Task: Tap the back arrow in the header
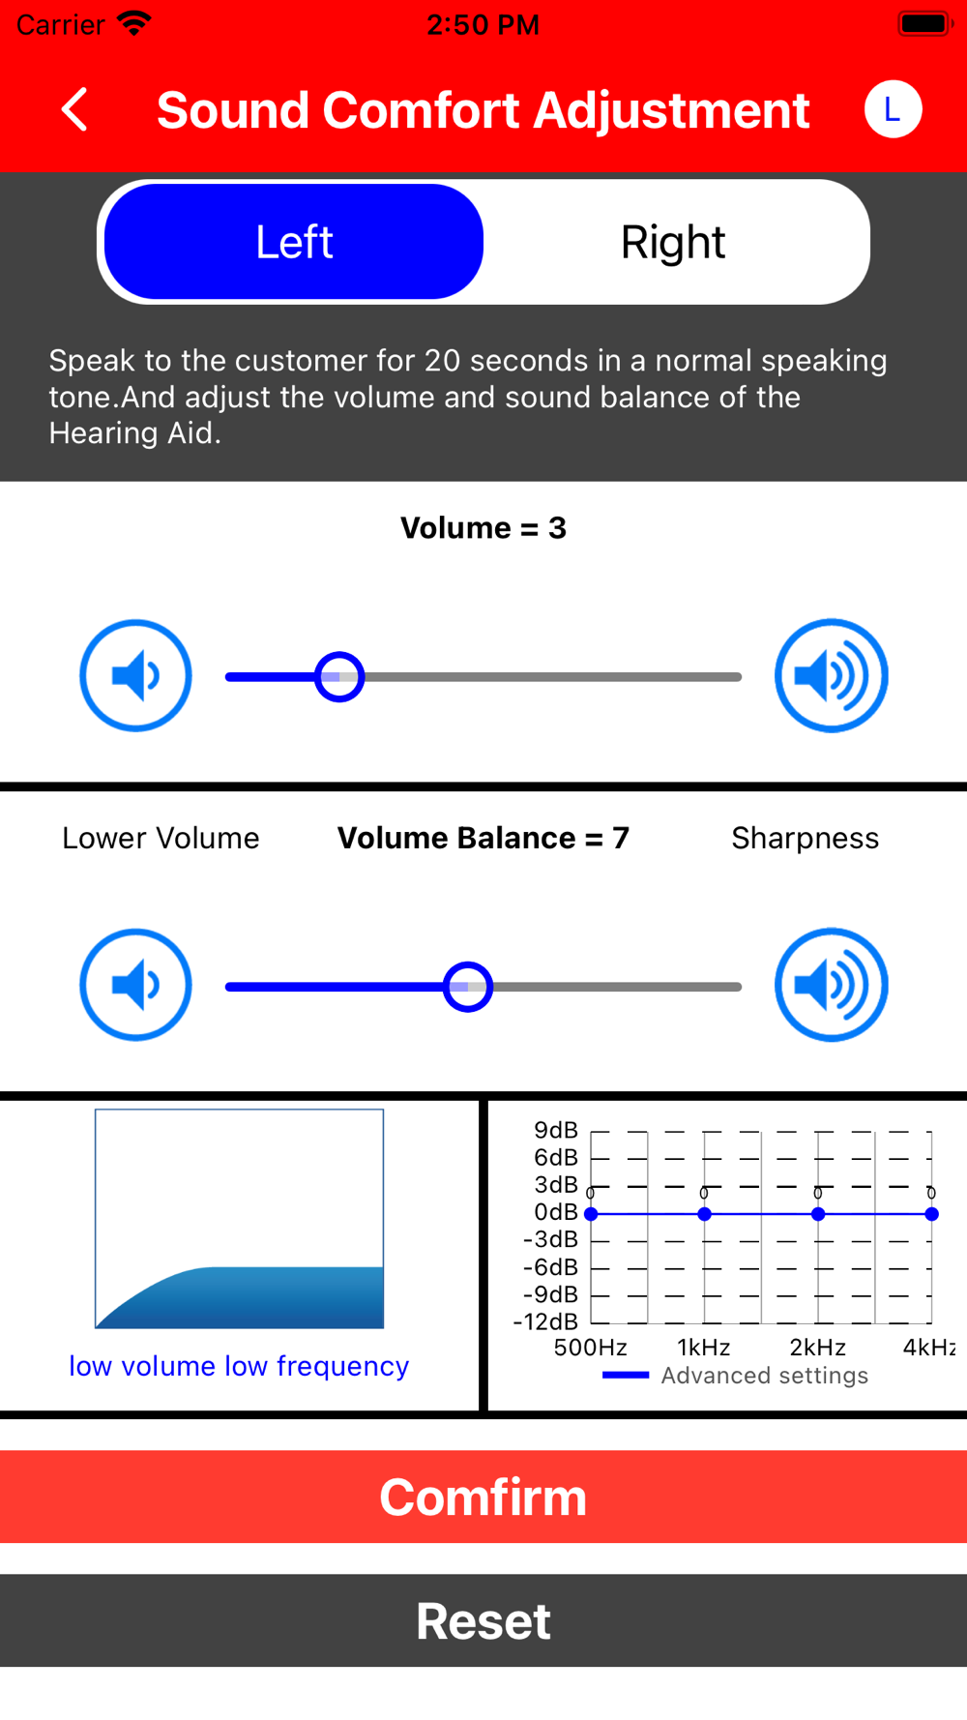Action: coord(74,109)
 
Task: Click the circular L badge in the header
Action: coord(893,109)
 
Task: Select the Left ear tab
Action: coord(294,242)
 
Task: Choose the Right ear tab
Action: coord(673,242)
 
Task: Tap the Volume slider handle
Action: coord(339,677)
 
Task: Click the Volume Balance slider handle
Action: coord(468,987)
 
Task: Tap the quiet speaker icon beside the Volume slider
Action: coord(135,675)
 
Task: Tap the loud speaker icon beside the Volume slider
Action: coord(832,675)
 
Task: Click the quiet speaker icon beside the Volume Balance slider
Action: coord(135,985)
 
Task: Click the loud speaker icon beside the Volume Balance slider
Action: coord(832,985)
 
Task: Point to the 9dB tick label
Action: coord(556,1130)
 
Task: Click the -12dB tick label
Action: coord(546,1321)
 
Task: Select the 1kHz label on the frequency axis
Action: coord(704,1348)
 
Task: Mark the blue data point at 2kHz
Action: coord(818,1214)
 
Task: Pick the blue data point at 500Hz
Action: coord(591,1214)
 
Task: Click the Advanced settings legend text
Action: coord(765,1376)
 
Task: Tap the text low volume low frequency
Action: coord(239,1366)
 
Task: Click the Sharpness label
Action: coord(806,838)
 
